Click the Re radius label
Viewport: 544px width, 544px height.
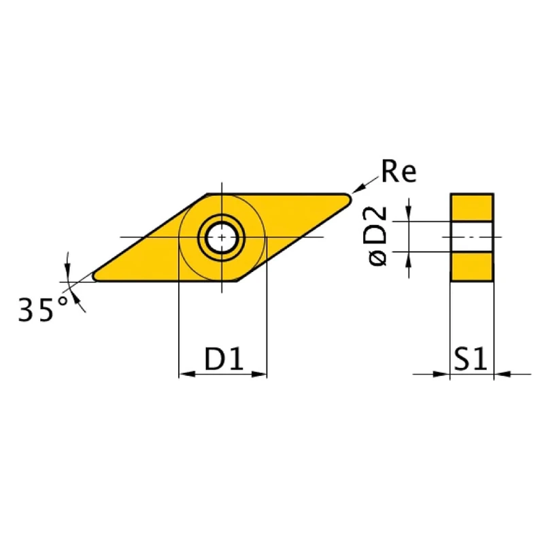pos(398,172)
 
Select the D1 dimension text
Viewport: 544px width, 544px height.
pos(224,359)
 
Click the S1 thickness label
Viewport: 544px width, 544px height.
pos(471,359)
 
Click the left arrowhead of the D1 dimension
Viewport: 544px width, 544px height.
pos(184,373)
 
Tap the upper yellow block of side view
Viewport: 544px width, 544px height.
pos(472,207)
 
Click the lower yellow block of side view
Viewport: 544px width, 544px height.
pos(472,266)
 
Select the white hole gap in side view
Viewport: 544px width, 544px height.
pos(472,237)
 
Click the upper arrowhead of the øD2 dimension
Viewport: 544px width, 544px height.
pos(408,215)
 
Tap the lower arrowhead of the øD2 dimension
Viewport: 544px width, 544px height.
pos(408,258)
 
